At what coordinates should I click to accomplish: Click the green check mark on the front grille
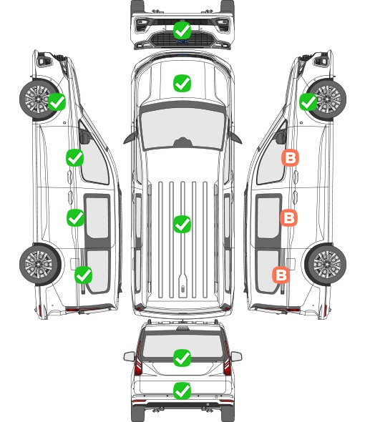182,30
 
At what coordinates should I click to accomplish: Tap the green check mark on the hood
182,83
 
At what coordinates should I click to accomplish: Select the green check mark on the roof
182,224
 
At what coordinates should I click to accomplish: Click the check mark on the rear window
182,358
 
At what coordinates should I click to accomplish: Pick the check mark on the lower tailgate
182,391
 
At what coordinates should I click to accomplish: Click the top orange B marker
290,158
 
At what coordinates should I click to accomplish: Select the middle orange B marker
288,217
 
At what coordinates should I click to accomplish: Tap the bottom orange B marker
281,275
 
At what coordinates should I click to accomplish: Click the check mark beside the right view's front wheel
308,102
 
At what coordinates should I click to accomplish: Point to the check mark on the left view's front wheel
57,102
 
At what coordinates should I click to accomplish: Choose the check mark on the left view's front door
75,157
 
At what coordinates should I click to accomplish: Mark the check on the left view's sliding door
75,217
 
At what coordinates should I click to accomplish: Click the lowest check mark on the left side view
84,275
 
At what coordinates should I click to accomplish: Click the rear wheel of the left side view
40,264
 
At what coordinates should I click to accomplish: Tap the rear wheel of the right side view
326,264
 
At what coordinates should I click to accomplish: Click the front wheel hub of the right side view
327,99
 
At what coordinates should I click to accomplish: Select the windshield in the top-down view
182,128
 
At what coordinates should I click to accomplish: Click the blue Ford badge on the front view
182,41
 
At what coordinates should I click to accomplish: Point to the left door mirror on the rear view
129,356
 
